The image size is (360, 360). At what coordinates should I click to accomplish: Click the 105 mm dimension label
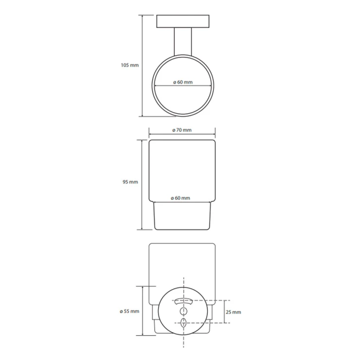pyautogui.click(x=130, y=65)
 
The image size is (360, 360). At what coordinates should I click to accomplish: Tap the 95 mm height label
pyautogui.click(x=130, y=182)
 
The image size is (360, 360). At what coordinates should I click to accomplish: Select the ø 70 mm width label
pyautogui.click(x=182, y=130)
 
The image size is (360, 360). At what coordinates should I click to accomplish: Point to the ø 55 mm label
pyautogui.click(x=129, y=311)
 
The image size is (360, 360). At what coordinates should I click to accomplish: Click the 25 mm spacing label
pyautogui.click(x=233, y=312)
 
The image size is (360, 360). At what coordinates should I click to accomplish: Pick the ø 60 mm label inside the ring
pyautogui.click(x=183, y=82)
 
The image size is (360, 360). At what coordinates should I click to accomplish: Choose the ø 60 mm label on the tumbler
pyautogui.click(x=180, y=198)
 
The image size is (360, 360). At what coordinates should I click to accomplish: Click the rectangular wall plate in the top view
pyautogui.click(x=183, y=21)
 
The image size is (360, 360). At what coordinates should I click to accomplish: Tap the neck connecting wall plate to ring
pyautogui.click(x=183, y=41)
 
